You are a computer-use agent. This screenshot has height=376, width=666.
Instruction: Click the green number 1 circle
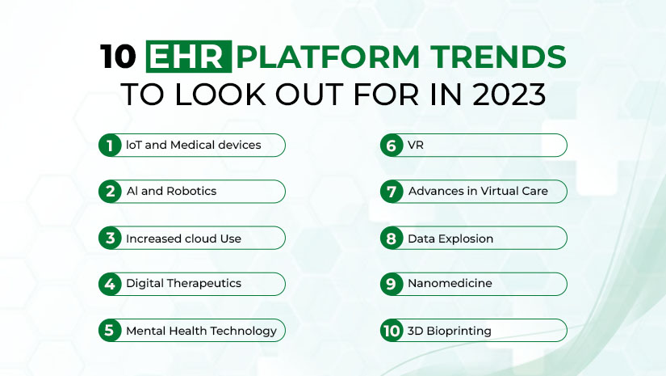point(110,146)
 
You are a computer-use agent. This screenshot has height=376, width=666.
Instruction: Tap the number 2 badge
point(110,192)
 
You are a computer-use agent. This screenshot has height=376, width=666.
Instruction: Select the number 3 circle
point(110,238)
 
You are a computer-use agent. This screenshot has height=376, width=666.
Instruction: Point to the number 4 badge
point(110,284)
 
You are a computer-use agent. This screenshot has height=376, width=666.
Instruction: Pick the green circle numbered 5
point(110,330)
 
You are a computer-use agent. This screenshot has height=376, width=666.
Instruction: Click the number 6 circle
point(392,146)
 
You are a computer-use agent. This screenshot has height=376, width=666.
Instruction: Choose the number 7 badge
point(392,192)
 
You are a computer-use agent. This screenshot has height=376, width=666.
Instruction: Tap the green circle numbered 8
point(392,238)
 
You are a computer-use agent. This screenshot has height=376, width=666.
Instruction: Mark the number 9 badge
point(392,284)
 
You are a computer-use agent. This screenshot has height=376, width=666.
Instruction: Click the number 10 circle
point(392,330)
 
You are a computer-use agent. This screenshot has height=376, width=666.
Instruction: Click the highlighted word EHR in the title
point(189,57)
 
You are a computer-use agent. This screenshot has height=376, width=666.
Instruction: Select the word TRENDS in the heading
point(498,57)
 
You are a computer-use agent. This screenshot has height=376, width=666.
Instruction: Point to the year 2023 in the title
point(509,94)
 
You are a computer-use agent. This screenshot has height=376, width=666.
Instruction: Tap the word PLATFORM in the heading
point(328,57)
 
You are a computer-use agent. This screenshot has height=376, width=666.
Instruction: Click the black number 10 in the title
point(118,57)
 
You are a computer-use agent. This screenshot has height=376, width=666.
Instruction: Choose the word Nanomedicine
point(450,283)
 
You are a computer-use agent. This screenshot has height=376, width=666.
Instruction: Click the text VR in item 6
point(416,145)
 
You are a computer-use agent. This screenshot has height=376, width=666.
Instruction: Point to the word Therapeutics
point(204,284)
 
